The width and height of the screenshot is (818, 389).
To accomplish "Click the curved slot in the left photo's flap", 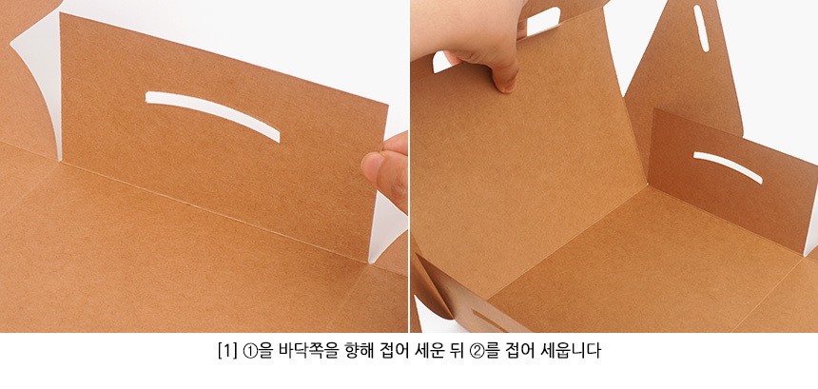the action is pyautogui.click(x=213, y=111).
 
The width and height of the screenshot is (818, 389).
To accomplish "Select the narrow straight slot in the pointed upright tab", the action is pyautogui.click(x=701, y=29).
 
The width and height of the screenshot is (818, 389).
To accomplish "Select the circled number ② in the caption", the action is pyautogui.click(x=477, y=350).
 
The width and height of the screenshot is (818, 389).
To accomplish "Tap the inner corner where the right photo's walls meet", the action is pyautogui.click(x=648, y=185).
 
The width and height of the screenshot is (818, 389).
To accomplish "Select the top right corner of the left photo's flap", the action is pyautogui.click(x=388, y=105).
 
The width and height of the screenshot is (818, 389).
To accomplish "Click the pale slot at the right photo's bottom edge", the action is pyautogui.click(x=488, y=320).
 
